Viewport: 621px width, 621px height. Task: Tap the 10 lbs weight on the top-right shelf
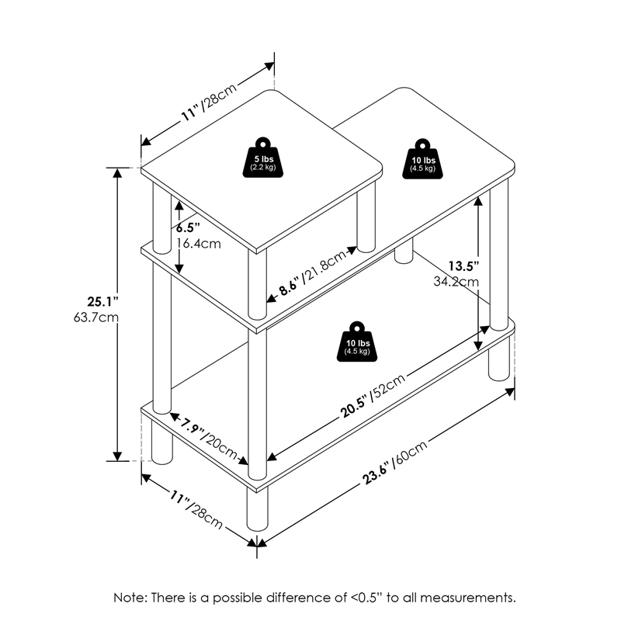pyautogui.click(x=423, y=161)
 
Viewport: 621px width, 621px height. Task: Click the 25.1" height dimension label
pyautogui.click(x=101, y=301)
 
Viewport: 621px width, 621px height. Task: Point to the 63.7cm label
pyautogui.click(x=102, y=317)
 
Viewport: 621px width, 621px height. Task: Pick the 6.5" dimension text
pyautogui.click(x=188, y=228)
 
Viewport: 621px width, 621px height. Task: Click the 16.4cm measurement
pyautogui.click(x=198, y=243)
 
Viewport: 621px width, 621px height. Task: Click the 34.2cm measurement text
pyautogui.click(x=456, y=281)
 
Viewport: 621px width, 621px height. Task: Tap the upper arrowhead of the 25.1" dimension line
pyautogui.click(x=118, y=172)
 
